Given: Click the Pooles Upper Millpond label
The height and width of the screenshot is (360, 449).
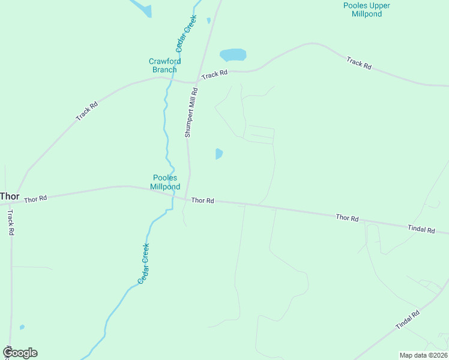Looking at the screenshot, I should [366, 10].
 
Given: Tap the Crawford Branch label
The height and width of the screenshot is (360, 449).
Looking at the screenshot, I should [164, 65].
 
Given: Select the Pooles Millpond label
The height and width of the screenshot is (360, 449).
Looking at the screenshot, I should [165, 182].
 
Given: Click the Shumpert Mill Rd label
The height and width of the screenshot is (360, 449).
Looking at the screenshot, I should [190, 113].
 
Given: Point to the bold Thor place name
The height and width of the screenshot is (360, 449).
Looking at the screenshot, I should [10, 196].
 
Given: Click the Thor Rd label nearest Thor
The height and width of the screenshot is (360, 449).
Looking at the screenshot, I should [35, 198].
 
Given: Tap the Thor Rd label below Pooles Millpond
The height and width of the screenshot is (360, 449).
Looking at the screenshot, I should [202, 200].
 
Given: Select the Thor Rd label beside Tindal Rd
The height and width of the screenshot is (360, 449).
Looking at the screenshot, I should [347, 218].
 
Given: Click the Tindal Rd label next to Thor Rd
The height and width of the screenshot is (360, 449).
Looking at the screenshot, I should [421, 229].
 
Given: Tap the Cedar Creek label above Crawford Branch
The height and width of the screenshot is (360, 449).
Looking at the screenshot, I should [187, 32].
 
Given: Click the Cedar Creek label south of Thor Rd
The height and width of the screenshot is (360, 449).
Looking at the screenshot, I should [143, 263].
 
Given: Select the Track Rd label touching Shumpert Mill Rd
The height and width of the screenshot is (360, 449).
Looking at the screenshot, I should [214, 74].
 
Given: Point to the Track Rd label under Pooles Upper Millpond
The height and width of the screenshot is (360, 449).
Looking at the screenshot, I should [359, 62].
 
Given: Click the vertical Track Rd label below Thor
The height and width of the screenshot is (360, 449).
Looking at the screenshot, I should [10, 222].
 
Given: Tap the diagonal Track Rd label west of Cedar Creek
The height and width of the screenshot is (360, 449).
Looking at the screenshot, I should [86, 112].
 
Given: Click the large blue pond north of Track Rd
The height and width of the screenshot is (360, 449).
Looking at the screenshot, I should [233, 55].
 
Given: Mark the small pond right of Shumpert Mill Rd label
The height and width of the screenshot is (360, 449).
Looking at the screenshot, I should [219, 154].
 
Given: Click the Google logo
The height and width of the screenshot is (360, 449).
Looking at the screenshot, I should [20, 353].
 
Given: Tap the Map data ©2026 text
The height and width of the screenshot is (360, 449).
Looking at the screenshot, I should [423, 355].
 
